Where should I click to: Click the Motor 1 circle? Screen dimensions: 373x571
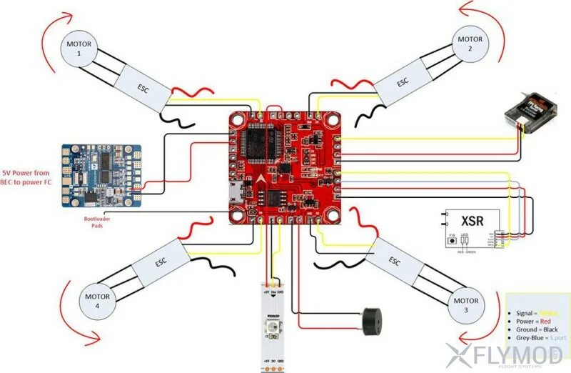coord(79,49)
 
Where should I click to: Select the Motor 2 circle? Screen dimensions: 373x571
coord(470,44)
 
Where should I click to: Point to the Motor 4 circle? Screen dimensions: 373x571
coord(97,301)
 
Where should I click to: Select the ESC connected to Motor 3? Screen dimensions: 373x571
coord(394,261)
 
